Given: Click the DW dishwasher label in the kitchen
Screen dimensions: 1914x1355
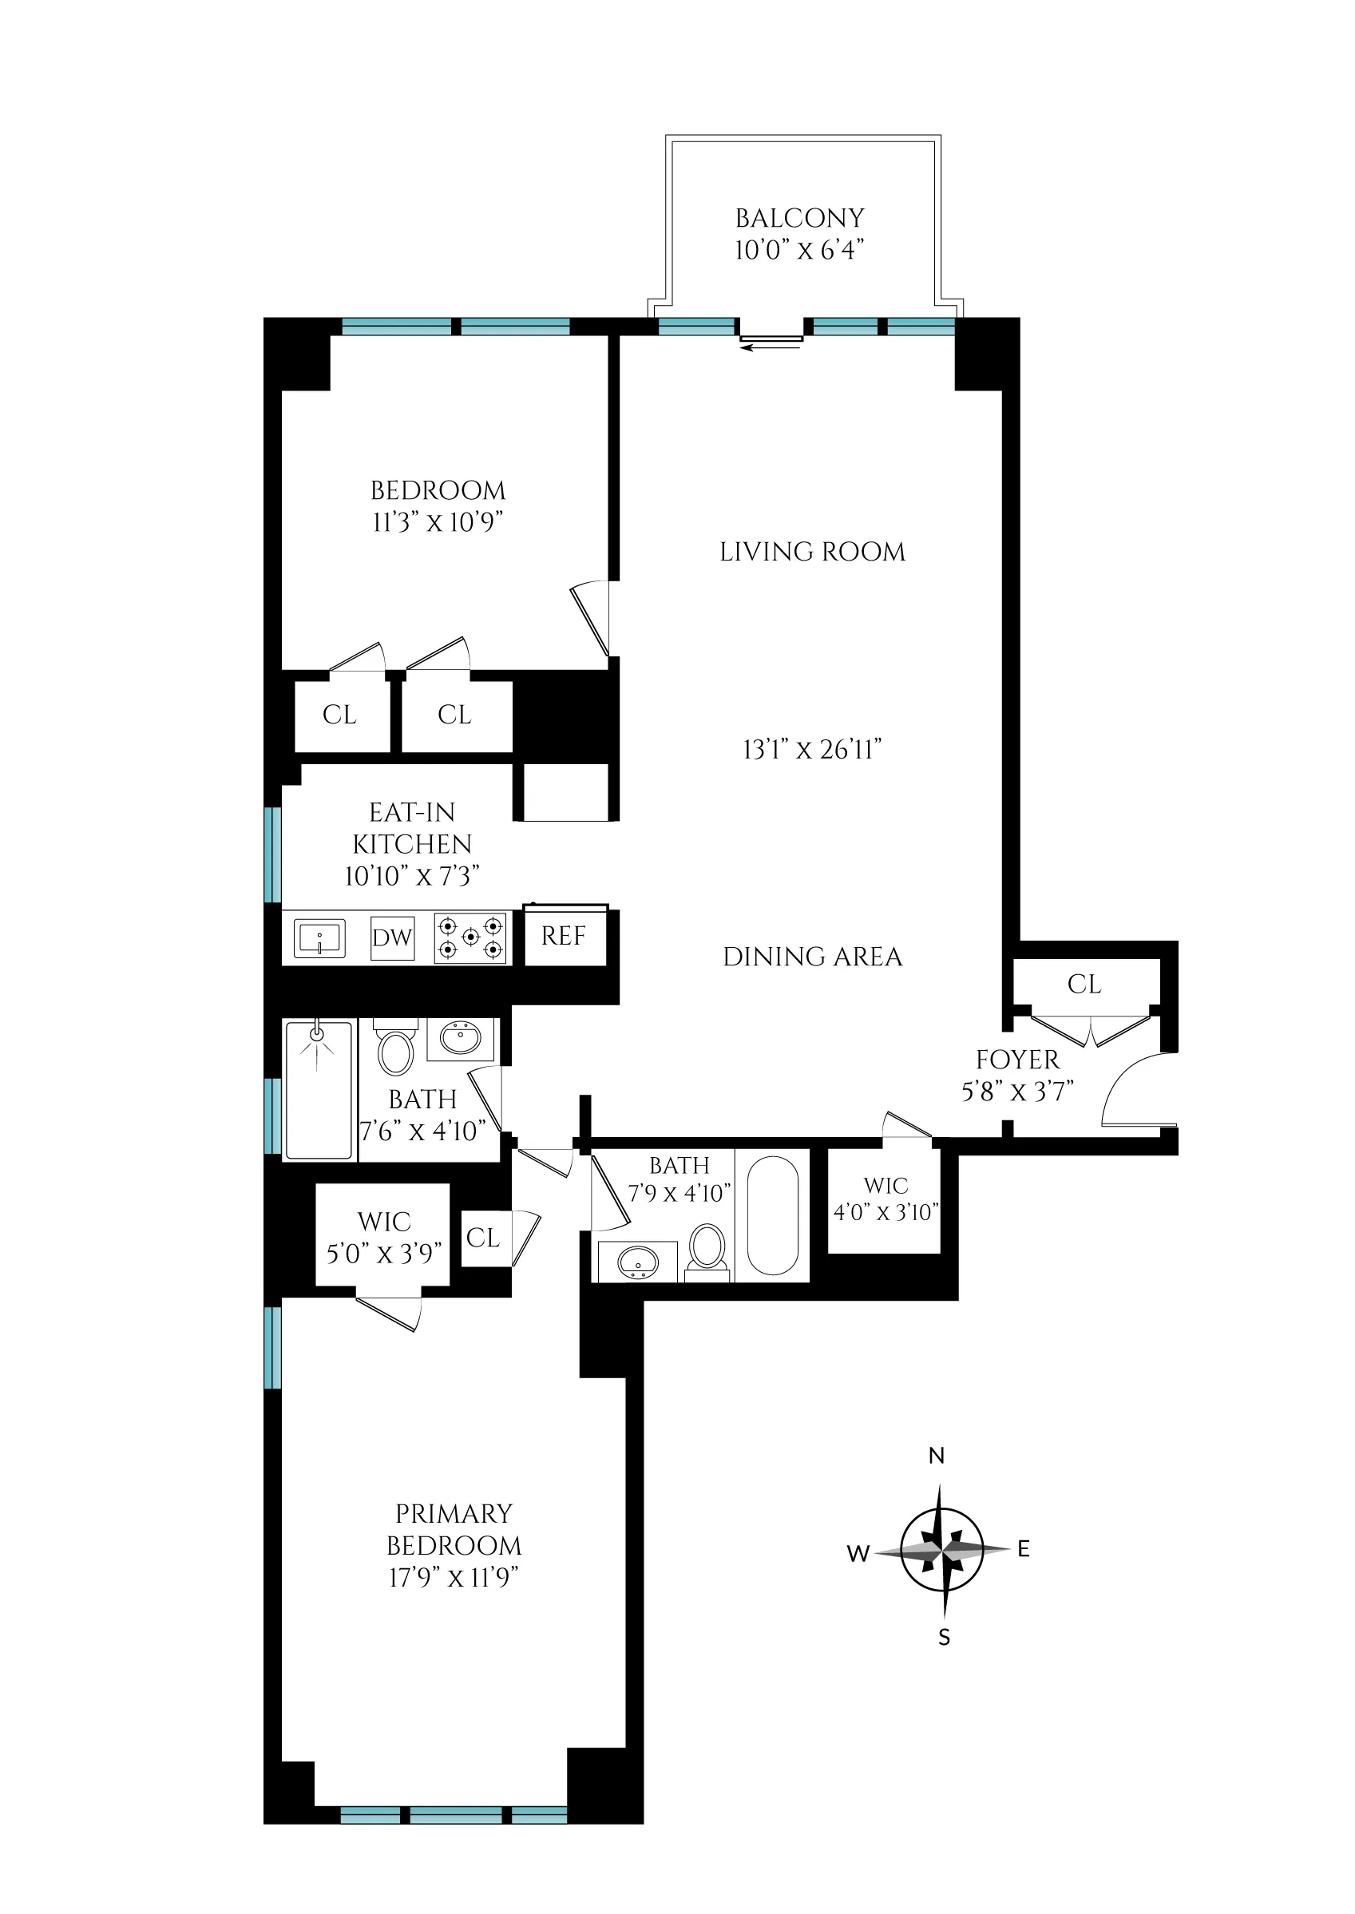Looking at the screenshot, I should coord(392,937).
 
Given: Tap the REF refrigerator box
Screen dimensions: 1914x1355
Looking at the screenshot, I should coord(564,936).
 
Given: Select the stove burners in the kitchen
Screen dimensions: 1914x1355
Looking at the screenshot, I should coord(471,937).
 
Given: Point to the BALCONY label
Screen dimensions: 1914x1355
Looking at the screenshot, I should coord(799,219).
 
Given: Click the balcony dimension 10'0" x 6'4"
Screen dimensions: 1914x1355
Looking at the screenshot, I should coord(799,249).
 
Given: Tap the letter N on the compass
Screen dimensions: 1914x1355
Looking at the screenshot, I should coord(936,1456).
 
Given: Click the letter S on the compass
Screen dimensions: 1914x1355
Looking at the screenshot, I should coord(945,1638).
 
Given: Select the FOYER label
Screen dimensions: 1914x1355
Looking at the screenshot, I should coord(1018,1060).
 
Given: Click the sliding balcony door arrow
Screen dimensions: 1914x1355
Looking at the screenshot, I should coord(770,347).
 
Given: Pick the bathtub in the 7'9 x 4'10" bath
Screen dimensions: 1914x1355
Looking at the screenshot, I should coord(773,1215).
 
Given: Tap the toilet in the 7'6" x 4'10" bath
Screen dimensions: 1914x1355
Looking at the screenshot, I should coord(395,1052).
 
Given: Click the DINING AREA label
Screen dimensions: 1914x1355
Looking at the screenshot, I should coord(813,957).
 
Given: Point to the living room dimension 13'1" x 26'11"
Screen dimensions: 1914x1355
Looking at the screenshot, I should coord(813,749).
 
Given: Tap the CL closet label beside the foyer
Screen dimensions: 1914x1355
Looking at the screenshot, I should coord(1084,985).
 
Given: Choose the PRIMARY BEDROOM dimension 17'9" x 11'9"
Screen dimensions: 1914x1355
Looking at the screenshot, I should coord(454,1577).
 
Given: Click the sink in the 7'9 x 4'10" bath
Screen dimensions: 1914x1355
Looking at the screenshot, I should coord(638,1262).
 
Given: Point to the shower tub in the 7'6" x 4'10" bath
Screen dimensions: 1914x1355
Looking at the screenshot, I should coord(318,1090).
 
